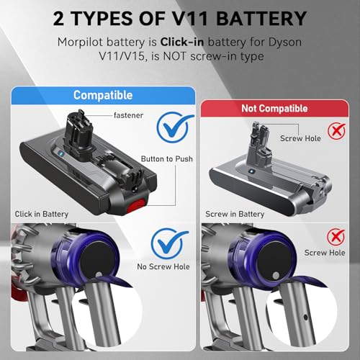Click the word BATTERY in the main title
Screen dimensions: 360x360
pyautogui.click(x=261, y=19)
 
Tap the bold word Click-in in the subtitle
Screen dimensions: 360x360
pyautogui.click(x=182, y=42)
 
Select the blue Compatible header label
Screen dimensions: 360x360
pyautogui.click(x=103, y=95)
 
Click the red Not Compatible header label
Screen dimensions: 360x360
pyautogui.click(x=274, y=109)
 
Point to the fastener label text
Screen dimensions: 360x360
pyautogui.click(x=128, y=115)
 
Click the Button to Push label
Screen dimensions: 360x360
pyautogui.click(x=167, y=159)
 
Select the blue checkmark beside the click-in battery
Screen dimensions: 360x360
pyautogui.click(x=175, y=127)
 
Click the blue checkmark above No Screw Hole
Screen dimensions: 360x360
pyautogui.click(x=169, y=243)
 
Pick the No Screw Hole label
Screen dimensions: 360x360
pyautogui.click(x=163, y=266)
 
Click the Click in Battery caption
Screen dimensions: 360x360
pyautogui.click(x=42, y=214)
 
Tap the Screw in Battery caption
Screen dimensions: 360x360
pyautogui.click(x=235, y=214)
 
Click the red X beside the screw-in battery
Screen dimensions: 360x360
pyautogui.click(x=337, y=131)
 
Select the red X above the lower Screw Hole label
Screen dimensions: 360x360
pyautogui.click(x=336, y=237)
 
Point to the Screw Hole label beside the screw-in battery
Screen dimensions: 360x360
pyautogui.click(x=300, y=138)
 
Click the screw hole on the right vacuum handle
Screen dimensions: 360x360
pyautogui.click(x=305, y=318)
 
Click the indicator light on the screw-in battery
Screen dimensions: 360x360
pyautogui.click(x=251, y=171)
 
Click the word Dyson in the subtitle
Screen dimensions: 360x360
pyautogui.click(x=285, y=42)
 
